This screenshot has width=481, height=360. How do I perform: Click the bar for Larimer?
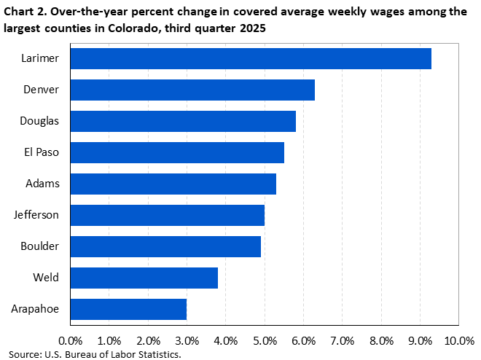tap(251, 58)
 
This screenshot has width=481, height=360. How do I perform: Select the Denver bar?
tap(192, 90)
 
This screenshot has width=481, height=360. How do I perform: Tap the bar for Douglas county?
tap(183, 121)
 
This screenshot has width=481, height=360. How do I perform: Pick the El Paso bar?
tap(177, 152)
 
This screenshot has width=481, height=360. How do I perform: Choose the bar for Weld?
tap(144, 278)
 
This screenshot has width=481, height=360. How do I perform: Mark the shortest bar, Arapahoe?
tap(128, 309)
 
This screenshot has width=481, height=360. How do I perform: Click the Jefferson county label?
tap(36, 215)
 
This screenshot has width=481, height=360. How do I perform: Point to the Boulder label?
tap(40, 246)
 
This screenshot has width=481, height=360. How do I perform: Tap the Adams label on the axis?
tap(42, 184)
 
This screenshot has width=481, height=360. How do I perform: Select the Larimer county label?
tap(40, 58)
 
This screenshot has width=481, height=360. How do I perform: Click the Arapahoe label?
tap(35, 309)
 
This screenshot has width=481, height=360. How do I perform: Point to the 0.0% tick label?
tap(71, 340)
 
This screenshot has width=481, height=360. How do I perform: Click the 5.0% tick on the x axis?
tap(265, 340)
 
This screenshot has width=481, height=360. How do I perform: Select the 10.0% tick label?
tap(458, 340)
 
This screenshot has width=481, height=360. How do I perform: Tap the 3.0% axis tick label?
tap(187, 340)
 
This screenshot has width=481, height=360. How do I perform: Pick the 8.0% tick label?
tap(381, 340)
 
